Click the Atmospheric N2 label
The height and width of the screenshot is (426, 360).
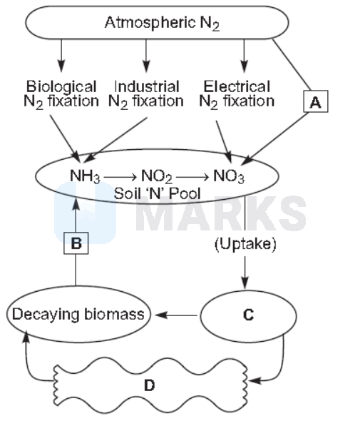point(162,23)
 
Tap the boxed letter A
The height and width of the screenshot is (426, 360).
point(316,101)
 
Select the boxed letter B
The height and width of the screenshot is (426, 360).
point(76,243)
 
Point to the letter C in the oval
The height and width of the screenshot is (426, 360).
point(248,315)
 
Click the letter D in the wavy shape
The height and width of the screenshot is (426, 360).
point(149,385)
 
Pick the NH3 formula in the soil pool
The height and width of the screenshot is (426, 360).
point(85,176)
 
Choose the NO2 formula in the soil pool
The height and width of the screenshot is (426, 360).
point(157,176)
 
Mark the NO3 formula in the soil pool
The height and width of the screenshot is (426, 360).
point(229,176)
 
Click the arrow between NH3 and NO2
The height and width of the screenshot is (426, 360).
point(120,178)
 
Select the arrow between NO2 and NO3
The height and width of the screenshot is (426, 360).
point(192,178)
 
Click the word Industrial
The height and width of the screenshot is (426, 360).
point(147,87)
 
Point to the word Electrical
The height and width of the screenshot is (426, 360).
point(237,87)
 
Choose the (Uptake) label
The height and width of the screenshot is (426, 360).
point(245,244)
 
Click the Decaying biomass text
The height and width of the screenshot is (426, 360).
point(78,315)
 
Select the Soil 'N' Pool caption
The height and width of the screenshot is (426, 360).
point(158,193)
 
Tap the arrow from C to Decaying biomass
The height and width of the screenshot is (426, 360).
point(176,315)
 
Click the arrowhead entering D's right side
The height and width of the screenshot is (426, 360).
point(254,380)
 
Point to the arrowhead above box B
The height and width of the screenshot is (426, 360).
point(76,204)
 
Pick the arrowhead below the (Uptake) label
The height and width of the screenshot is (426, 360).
point(245,283)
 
